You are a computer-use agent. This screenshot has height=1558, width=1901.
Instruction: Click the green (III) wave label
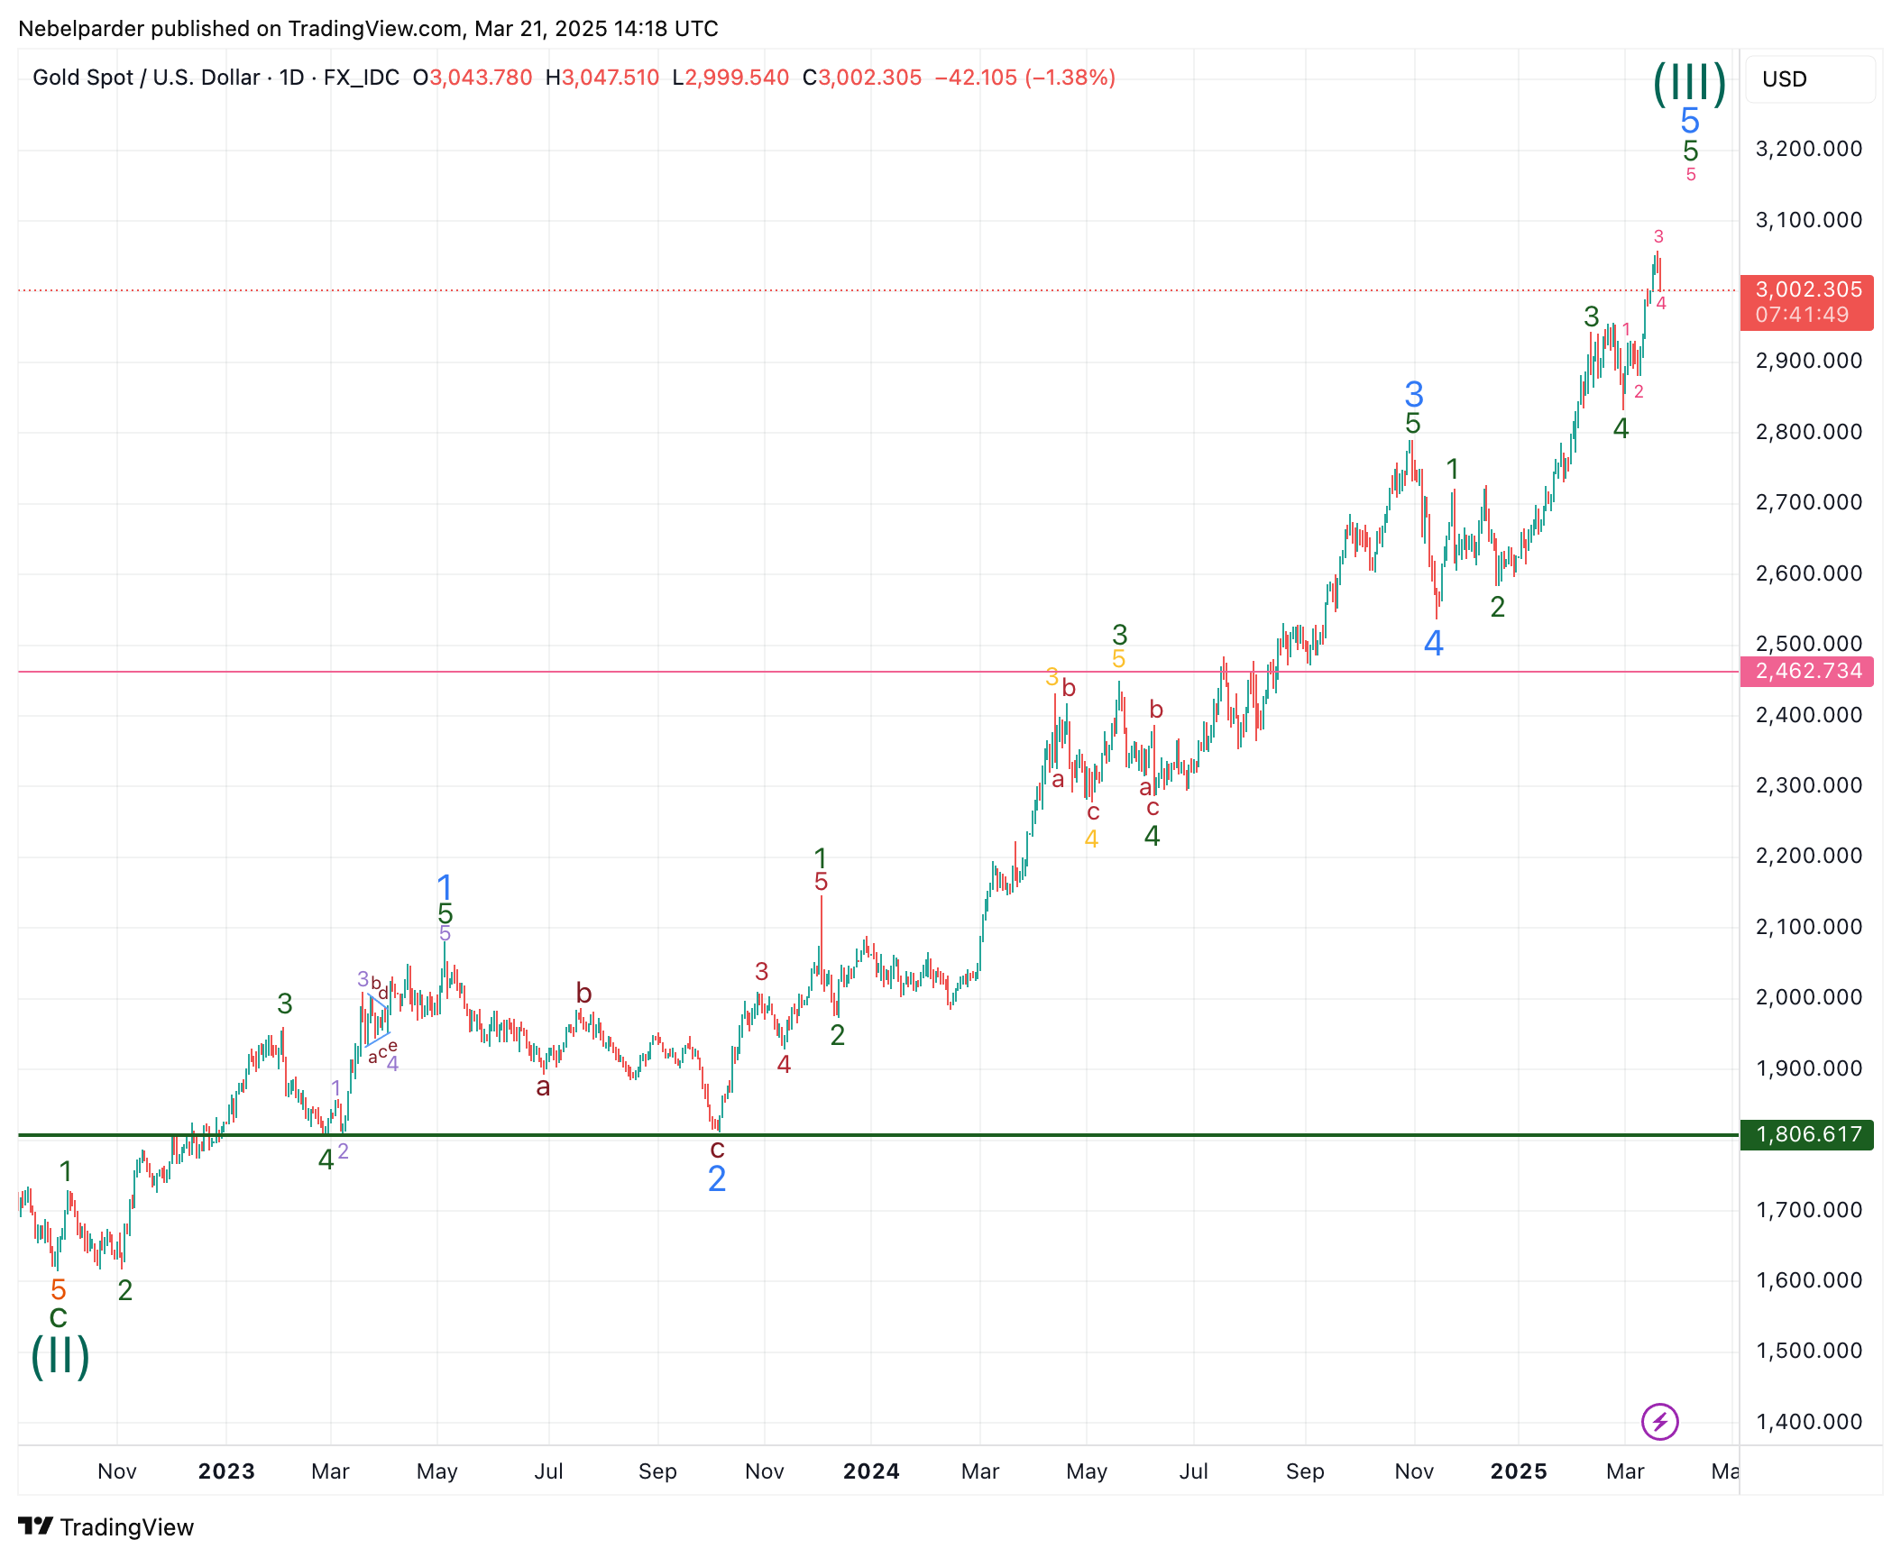[1689, 83]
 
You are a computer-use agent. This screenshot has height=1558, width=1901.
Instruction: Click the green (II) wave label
[60, 1356]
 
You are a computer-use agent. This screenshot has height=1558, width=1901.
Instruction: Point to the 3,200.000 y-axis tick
[1808, 149]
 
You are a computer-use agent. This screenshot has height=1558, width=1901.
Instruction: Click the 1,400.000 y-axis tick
[1808, 1422]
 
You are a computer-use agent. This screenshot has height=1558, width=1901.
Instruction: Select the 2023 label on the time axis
[226, 1471]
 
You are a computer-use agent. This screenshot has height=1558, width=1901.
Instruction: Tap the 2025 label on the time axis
[1519, 1471]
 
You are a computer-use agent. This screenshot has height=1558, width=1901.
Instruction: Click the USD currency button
[1785, 79]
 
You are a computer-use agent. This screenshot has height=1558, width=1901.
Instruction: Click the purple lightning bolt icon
[1659, 1422]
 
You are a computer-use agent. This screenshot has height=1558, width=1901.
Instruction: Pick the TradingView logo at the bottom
[106, 1527]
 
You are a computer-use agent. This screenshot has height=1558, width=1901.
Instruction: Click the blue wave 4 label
[1433, 643]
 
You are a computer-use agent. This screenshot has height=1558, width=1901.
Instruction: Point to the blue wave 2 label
[717, 1178]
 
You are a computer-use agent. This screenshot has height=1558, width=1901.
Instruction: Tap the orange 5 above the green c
[59, 1289]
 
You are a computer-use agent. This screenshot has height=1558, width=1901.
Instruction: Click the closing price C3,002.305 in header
[862, 78]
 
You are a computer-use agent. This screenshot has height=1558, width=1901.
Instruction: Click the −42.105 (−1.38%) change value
[1025, 78]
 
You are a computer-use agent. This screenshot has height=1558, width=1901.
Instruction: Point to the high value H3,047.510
[602, 78]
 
